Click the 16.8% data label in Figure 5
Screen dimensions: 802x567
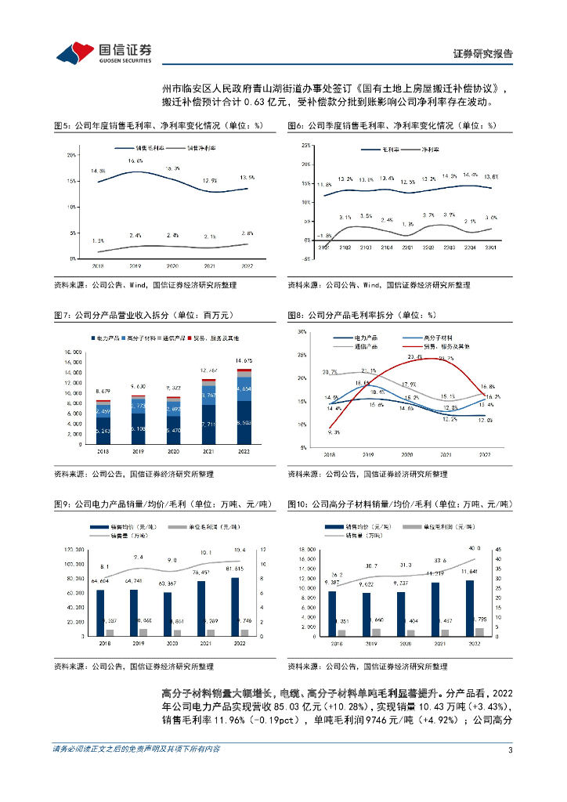[x=135, y=161]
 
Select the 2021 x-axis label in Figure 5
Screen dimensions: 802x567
[x=209, y=266]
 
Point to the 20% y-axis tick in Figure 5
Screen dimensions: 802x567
[x=71, y=155]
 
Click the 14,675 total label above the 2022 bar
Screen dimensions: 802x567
[x=245, y=360]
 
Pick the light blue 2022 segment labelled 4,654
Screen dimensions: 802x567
[x=245, y=389]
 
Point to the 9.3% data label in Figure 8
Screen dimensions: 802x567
[x=334, y=432]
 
